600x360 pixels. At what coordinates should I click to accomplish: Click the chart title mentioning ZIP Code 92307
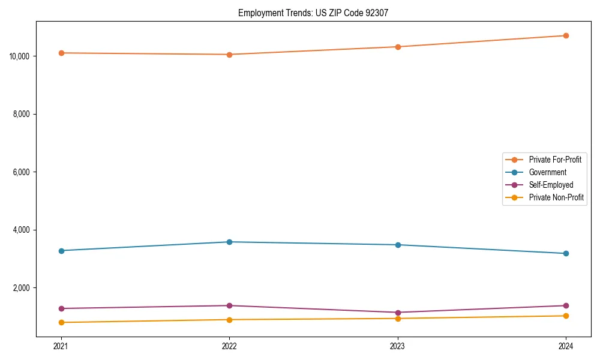(313, 13)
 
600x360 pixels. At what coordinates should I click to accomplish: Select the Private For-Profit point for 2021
(61, 53)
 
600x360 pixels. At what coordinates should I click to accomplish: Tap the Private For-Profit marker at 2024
(566, 35)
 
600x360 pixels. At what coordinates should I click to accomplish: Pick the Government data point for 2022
(229, 242)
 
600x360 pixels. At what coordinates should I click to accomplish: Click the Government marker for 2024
(566, 253)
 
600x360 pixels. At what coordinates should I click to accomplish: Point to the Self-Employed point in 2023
(398, 313)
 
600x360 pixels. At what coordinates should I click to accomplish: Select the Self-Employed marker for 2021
(61, 308)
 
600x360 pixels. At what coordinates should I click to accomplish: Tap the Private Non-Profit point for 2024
(566, 316)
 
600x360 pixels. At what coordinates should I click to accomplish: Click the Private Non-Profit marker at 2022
(229, 320)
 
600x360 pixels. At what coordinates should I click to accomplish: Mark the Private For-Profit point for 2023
(398, 47)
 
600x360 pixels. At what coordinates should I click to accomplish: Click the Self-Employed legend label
(551, 185)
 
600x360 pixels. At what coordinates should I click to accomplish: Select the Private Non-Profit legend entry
(556, 197)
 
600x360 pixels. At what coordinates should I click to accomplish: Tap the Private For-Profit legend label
(555, 160)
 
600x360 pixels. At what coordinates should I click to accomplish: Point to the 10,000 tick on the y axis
(20, 56)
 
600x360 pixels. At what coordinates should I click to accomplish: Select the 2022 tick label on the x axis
(229, 346)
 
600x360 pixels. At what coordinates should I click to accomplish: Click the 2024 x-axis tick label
(566, 346)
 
